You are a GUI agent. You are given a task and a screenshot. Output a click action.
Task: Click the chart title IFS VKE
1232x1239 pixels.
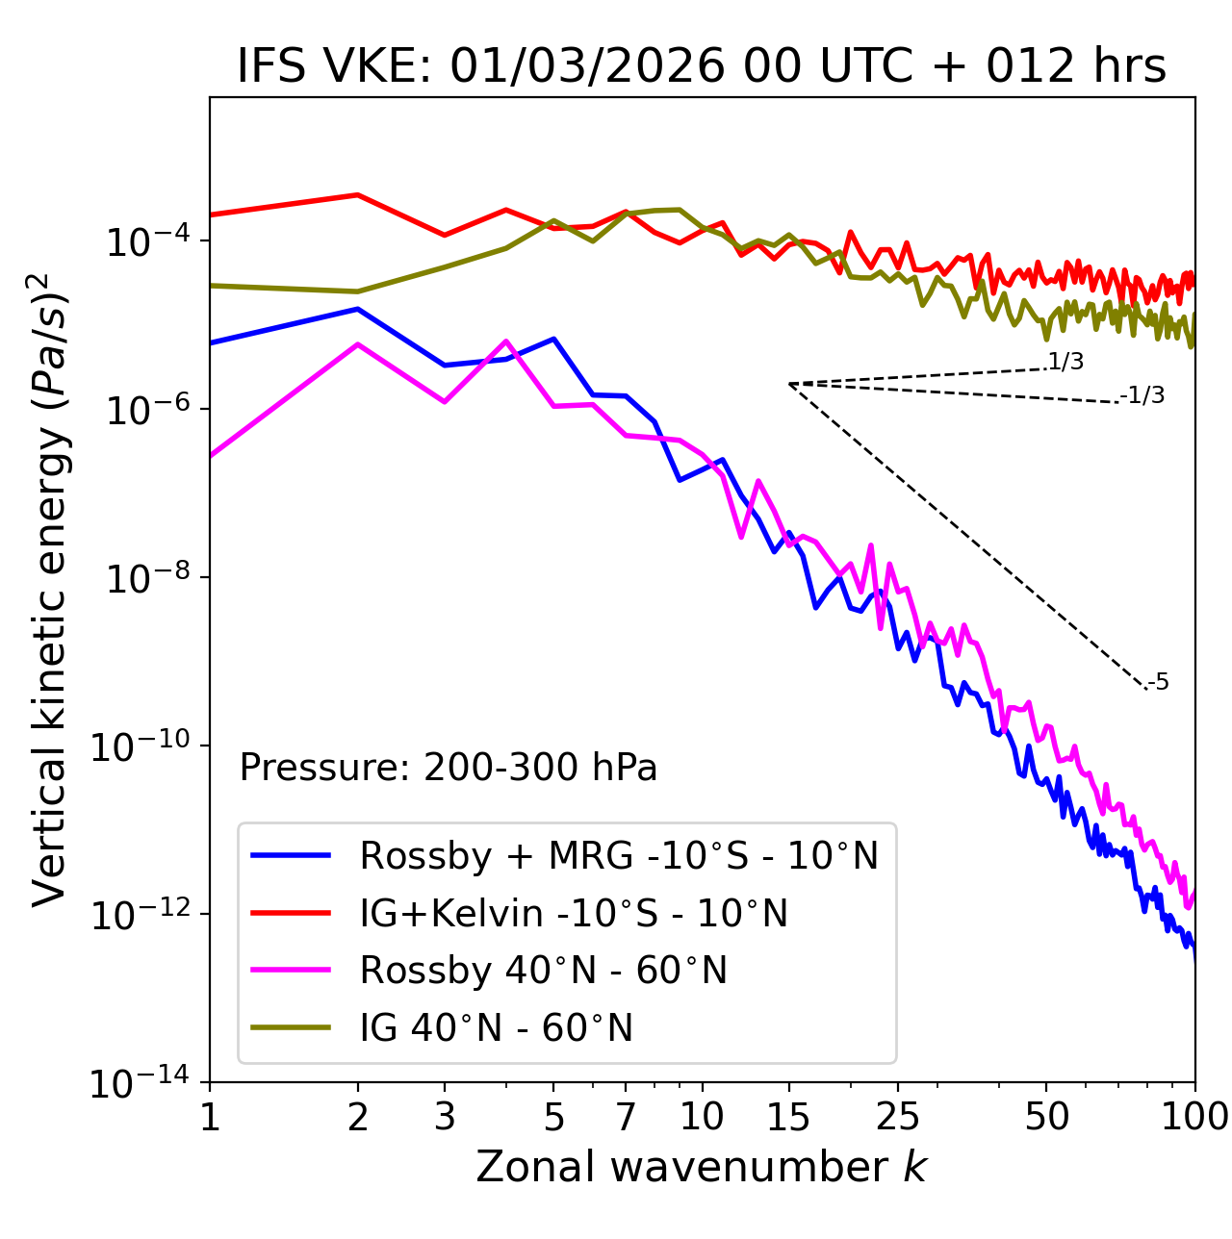click(701, 67)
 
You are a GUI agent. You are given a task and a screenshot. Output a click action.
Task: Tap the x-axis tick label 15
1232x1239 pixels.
click(788, 1116)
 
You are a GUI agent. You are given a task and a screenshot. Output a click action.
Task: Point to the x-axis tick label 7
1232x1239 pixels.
click(626, 1116)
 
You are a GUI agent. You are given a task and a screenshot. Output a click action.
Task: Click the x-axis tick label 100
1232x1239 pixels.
click(1194, 1116)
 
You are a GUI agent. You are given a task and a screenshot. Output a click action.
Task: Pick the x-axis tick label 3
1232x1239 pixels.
click(444, 1116)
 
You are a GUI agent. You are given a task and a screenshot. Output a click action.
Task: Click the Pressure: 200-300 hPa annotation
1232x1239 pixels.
click(448, 768)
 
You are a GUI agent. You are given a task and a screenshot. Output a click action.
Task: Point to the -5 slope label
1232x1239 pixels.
click(1158, 683)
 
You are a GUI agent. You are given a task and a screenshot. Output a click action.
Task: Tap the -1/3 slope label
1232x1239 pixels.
click(1143, 395)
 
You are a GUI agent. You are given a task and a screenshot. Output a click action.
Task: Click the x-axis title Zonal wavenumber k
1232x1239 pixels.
click(701, 1167)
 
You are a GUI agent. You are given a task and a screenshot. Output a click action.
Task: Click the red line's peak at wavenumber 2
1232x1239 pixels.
click(358, 195)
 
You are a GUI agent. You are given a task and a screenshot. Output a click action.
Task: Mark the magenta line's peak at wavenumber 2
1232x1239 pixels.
click(358, 344)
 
